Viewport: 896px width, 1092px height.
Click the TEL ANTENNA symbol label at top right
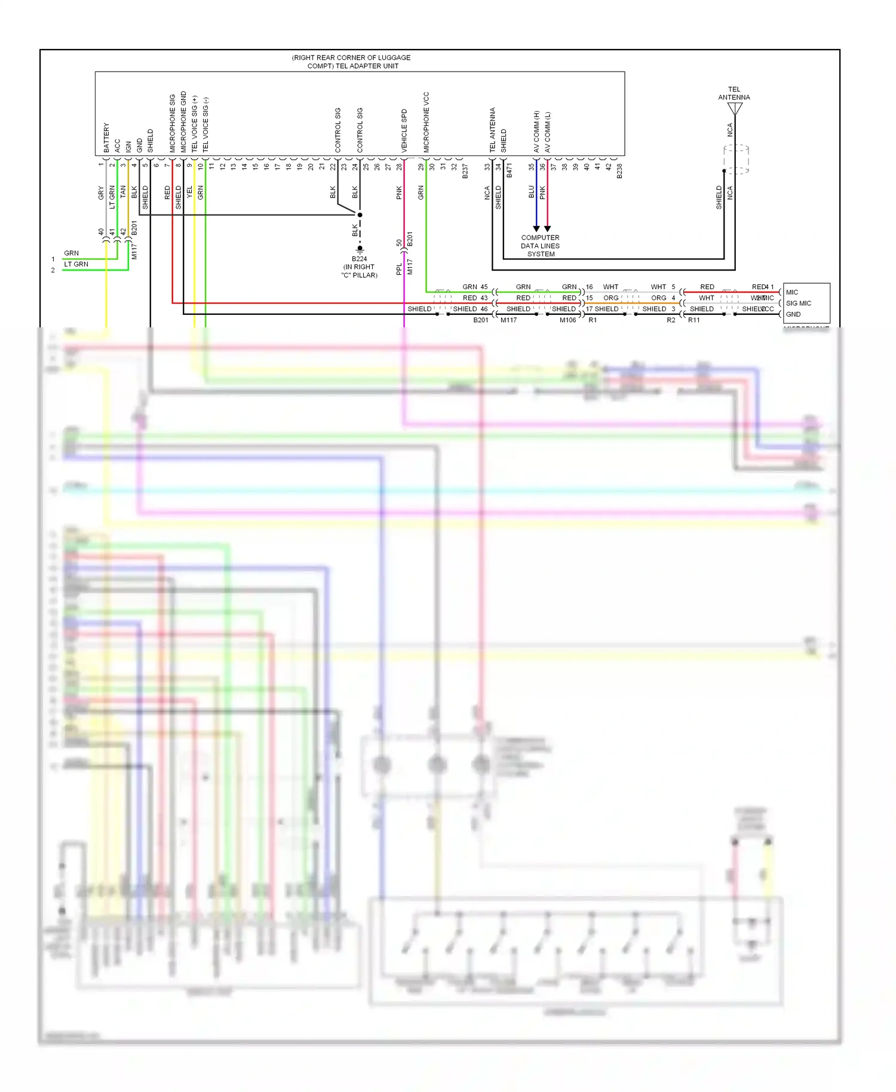pos(734,93)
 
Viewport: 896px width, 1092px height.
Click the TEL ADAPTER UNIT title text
pos(351,62)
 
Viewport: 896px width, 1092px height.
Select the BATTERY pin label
pos(106,137)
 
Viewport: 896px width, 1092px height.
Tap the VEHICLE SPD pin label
pos(404,130)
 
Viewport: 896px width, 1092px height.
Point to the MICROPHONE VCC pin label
pos(426,121)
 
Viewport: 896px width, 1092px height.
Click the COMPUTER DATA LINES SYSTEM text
pos(540,246)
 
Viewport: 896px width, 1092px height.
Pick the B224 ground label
pos(359,259)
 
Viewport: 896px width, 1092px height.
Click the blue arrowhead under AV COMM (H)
pos(536,229)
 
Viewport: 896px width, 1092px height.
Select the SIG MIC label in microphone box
pos(799,303)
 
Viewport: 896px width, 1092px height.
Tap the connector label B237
pos(465,171)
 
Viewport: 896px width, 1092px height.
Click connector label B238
pos(619,171)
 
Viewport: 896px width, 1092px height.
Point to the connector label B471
pos(510,171)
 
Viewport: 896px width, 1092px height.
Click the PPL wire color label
pos(399,269)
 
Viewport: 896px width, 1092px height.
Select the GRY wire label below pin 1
pos(101,192)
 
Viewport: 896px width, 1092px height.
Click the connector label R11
pos(694,320)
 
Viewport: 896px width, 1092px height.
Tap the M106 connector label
pos(567,320)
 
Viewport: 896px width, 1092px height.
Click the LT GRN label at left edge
pos(76,264)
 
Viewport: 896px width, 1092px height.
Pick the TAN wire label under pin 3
pos(123,192)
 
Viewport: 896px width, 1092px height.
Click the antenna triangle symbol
pos(735,108)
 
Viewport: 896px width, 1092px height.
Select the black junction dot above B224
pos(360,214)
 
